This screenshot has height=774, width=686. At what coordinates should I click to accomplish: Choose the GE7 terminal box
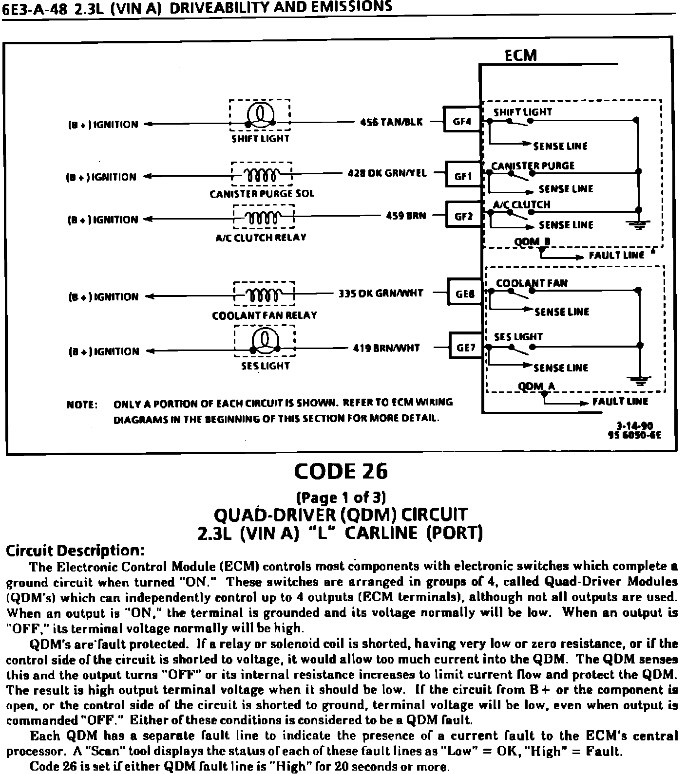pyautogui.click(x=466, y=348)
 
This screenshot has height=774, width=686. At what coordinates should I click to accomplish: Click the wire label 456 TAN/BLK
pyautogui.click(x=391, y=122)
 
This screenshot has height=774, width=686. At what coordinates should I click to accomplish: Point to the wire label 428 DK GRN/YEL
pyautogui.click(x=387, y=173)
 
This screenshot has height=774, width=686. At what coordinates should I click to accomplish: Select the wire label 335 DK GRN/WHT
pyautogui.click(x=381, y=294)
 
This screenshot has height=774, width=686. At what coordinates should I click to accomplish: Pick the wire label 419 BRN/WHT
pyautogui.click(x=386, y=348)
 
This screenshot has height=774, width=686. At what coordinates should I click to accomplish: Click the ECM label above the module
pyautogui.click(x=520, y=55)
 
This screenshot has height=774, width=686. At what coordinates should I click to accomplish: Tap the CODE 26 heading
pyautogui.click(x=341, y=471)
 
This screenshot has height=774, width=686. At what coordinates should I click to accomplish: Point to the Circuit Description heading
pyautogui.click(x=75, y=551)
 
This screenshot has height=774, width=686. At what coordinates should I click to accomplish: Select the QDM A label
pyautogui.click(x=536, y=387)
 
